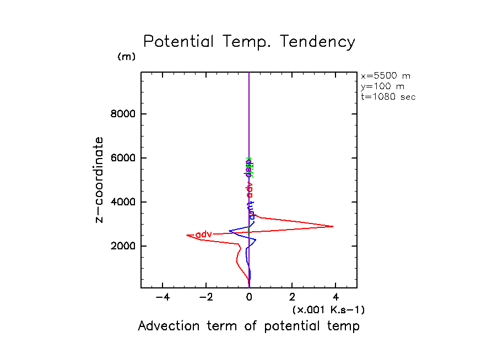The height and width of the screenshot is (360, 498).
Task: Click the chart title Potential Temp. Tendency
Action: click(249, 42)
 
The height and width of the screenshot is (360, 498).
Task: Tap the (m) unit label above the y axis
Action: click(126, 57)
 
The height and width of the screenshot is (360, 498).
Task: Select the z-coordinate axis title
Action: click(100, 179)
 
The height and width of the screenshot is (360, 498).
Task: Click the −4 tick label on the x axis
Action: click(161, 297)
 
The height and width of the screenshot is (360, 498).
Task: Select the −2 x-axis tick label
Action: click(205, 297)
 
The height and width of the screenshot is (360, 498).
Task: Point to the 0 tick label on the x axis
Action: click(249, 297)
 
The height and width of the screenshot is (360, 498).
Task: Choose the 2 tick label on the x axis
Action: click(292, 297)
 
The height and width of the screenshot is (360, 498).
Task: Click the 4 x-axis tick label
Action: click(335, 297)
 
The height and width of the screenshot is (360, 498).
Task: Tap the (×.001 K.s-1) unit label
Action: click(328, 310)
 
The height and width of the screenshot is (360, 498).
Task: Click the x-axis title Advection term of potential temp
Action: click(248, 326)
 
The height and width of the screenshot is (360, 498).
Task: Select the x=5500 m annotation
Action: click(385, 76)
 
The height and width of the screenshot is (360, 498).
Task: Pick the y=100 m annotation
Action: click(381, 86)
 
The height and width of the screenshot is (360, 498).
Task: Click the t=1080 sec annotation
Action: click(388, 97)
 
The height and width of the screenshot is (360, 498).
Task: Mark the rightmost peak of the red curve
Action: click(333, 226)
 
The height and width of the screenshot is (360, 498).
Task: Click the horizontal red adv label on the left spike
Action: click(204, 234)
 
